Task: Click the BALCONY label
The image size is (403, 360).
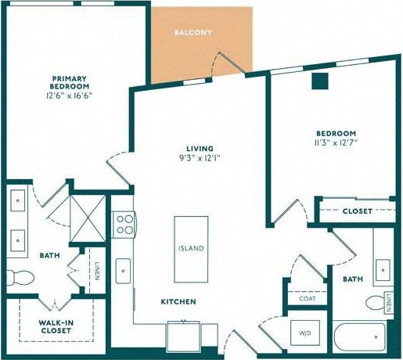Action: click(x=193, y=33)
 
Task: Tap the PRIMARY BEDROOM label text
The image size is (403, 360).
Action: click(x=69, y=83)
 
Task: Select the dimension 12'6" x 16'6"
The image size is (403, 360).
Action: click(x=69, y=95)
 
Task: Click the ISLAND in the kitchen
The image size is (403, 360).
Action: click(x=190, y=248)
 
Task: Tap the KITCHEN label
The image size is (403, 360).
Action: click(x=178, y=301)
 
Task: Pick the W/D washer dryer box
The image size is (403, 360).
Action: click(x=304, y=333)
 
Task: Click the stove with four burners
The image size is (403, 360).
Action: click(x=124, y=225)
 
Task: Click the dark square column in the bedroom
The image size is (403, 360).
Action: click(x=318, y=81)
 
